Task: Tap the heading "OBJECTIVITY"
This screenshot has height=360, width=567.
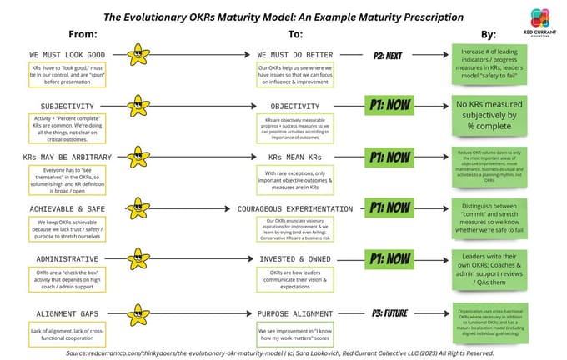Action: click(295, 107)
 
